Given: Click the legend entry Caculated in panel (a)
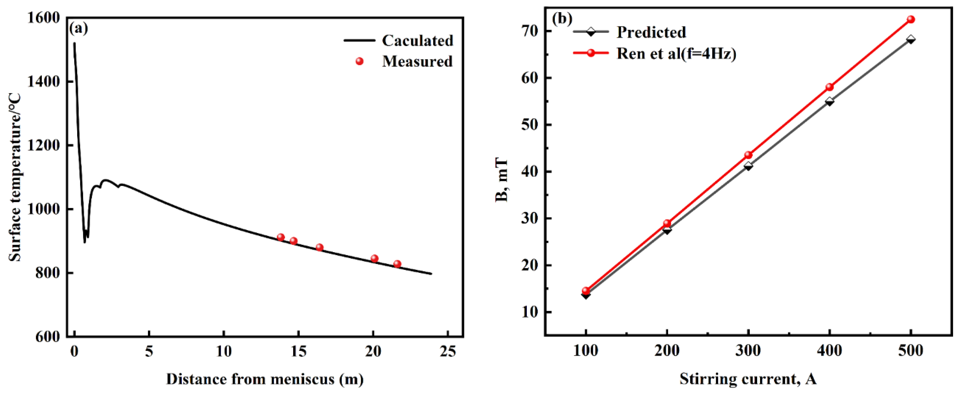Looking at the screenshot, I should [417, 41].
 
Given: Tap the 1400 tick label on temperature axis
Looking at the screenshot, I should [43, 82].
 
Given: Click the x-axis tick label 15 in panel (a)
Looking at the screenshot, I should [298, 351].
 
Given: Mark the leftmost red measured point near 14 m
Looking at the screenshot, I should [281, 237].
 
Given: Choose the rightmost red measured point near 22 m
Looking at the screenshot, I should [397, 264].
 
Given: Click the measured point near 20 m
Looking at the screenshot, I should [375, 258].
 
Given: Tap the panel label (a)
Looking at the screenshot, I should [79, 28].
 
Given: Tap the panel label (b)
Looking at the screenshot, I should [562, 19].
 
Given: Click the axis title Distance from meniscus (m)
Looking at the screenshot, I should [265, 379].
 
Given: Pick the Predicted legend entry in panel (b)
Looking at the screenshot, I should [651, 32].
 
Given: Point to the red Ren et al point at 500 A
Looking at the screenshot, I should [911, 19].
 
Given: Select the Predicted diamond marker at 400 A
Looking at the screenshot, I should [829, 101].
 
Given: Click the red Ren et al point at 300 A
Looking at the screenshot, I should [748, 155].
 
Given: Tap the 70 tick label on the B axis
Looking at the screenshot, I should [530, 31].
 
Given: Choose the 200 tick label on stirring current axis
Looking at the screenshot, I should [667, 351].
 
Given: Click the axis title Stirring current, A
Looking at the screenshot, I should [748, 379].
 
